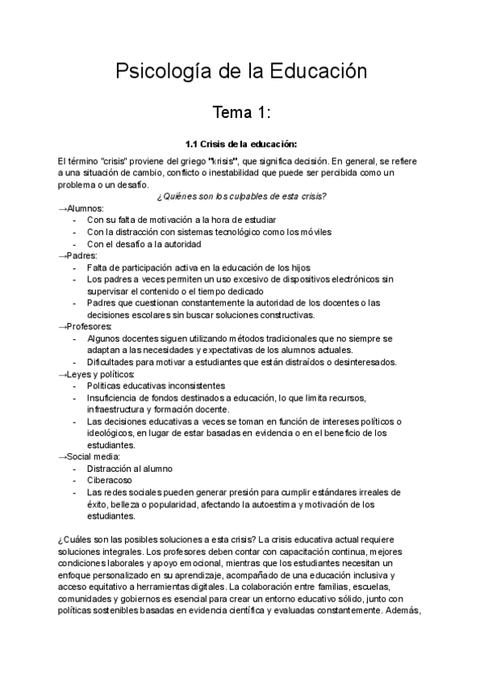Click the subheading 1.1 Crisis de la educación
tap(241, 145)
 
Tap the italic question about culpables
tap(241, 196)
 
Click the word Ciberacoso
tap(109, 481)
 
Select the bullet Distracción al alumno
tap(129, 469)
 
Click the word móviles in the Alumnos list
tap(314, 232)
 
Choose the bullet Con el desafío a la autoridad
tap(144, 244)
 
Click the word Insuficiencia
tap(115, 397)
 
